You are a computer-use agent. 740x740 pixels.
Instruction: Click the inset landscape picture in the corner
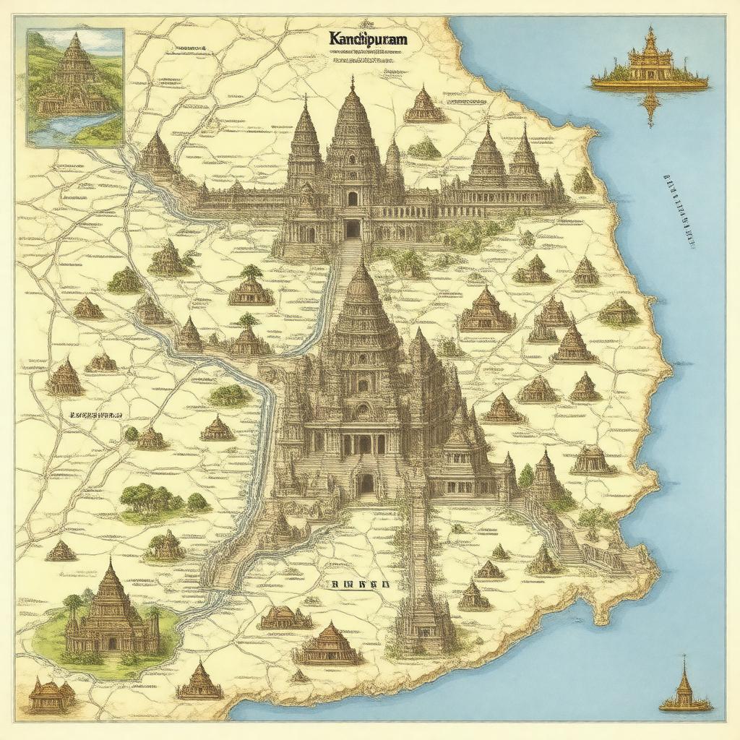pos(75,87)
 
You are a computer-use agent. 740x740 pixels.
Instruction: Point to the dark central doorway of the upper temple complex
pos(352,228)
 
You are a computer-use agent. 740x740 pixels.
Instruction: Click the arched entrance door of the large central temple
pos(366,483)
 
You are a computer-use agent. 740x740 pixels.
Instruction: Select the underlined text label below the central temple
pos(359,584)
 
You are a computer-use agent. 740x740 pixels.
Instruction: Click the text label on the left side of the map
pos(95,416)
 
